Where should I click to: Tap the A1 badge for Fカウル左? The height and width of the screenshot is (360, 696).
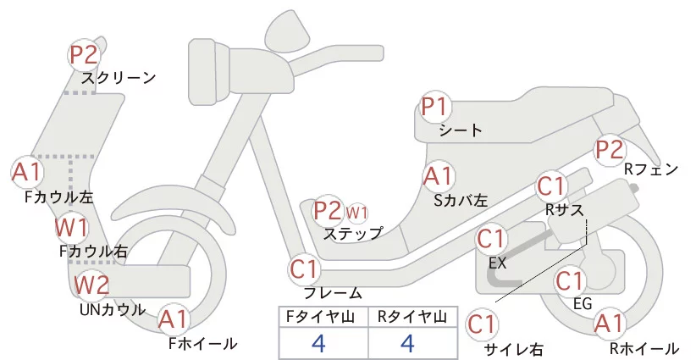pyautogui.click(x=27, y=173)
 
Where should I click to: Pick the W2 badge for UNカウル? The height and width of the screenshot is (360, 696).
pyautogui.click(x=91, y=285)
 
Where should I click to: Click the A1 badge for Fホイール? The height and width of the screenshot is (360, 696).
pyautogui.click(x=175, y=319)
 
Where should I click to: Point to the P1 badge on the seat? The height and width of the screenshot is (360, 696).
pyautogui.click(x=438, y=108)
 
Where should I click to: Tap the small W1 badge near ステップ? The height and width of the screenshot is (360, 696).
pyautogui.click(x=357, y=211)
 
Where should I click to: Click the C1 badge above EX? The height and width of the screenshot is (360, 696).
pyautogui.click(x=493, y=241)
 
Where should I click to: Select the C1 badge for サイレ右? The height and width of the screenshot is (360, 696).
pyautogui.click(x=483, y=324)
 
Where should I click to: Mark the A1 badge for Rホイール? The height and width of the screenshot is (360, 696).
pyautogui.click(x=609, y=324)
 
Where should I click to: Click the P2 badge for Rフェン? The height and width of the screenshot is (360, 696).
pyautogui.click(x=610, y=150)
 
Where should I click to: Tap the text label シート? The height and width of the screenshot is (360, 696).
pyautogui.click(x=461, y=130)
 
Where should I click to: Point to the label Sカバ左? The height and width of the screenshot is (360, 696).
pyautogui.click(x=461, y=201)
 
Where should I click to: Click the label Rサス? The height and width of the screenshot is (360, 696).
pyautogui.click(x=565, y=210)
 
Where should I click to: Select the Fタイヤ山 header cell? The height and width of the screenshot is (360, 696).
pyautogui.click(x=323, y=317)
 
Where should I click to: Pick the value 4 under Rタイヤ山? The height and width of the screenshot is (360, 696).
pyautogui.click(x=407, y=343)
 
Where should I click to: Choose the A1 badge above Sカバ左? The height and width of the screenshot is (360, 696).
pyautogui.click(x=438, y=177)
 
